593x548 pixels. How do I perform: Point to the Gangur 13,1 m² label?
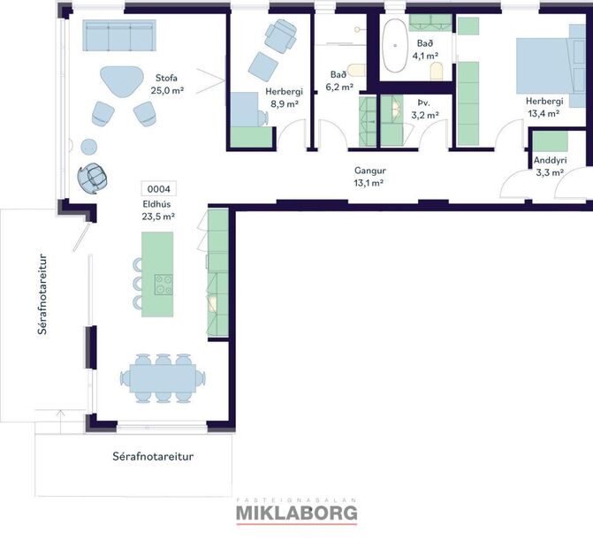coord(369,177)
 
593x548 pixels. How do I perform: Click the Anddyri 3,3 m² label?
coord(550,166)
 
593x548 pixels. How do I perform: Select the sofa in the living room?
coord(119,36)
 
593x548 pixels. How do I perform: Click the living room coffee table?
coord(121,80)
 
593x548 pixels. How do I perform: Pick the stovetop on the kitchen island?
coord(164,285)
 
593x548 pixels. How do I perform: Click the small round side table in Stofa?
coord(89,146)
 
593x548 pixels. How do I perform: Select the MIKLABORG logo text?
coord(296,512)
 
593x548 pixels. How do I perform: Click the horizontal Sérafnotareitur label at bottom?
coord(153,457)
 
